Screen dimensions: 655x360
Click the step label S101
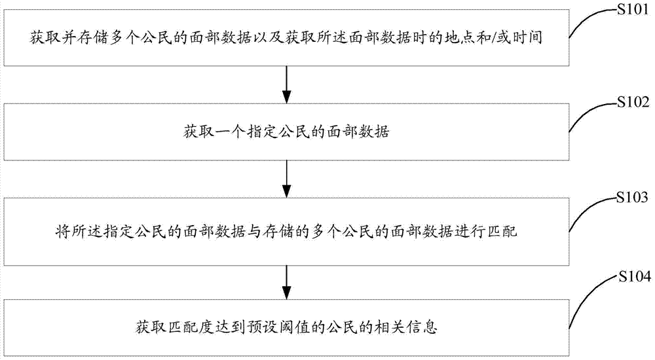click(633, 10)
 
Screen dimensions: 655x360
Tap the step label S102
click(633, 102)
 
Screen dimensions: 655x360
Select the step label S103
click(633, 197)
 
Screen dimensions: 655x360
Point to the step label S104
click(635, 276)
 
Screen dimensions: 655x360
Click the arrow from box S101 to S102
click(286, 84)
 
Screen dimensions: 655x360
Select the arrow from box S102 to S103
click(286, 179)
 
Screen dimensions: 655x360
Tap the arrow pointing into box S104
click(286, 282)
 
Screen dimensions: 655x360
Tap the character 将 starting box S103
click(62, 230)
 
